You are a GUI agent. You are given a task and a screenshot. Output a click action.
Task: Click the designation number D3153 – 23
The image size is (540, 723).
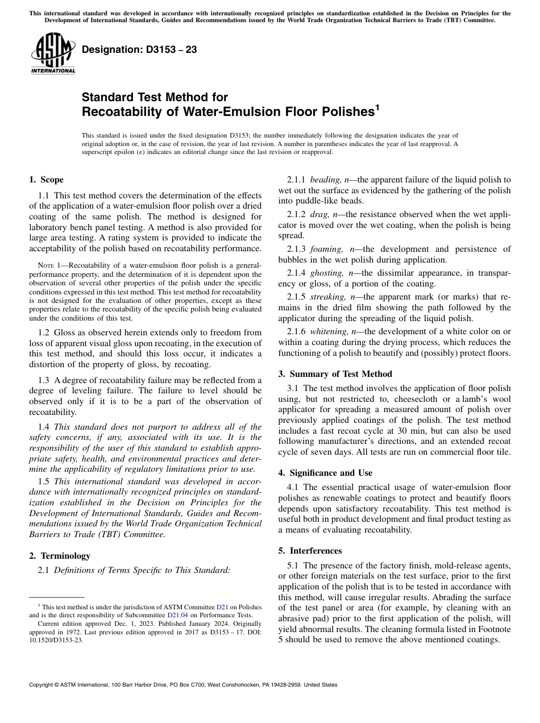point(139,50)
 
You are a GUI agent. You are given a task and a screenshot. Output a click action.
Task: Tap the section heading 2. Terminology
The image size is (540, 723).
point(60,555)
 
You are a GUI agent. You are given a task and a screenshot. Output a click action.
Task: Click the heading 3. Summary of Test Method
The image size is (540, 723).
point(335,374)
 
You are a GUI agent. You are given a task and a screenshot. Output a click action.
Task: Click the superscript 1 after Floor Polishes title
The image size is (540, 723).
point(376,106)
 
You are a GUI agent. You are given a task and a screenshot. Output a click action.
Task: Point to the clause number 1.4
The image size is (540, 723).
point(44,427)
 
